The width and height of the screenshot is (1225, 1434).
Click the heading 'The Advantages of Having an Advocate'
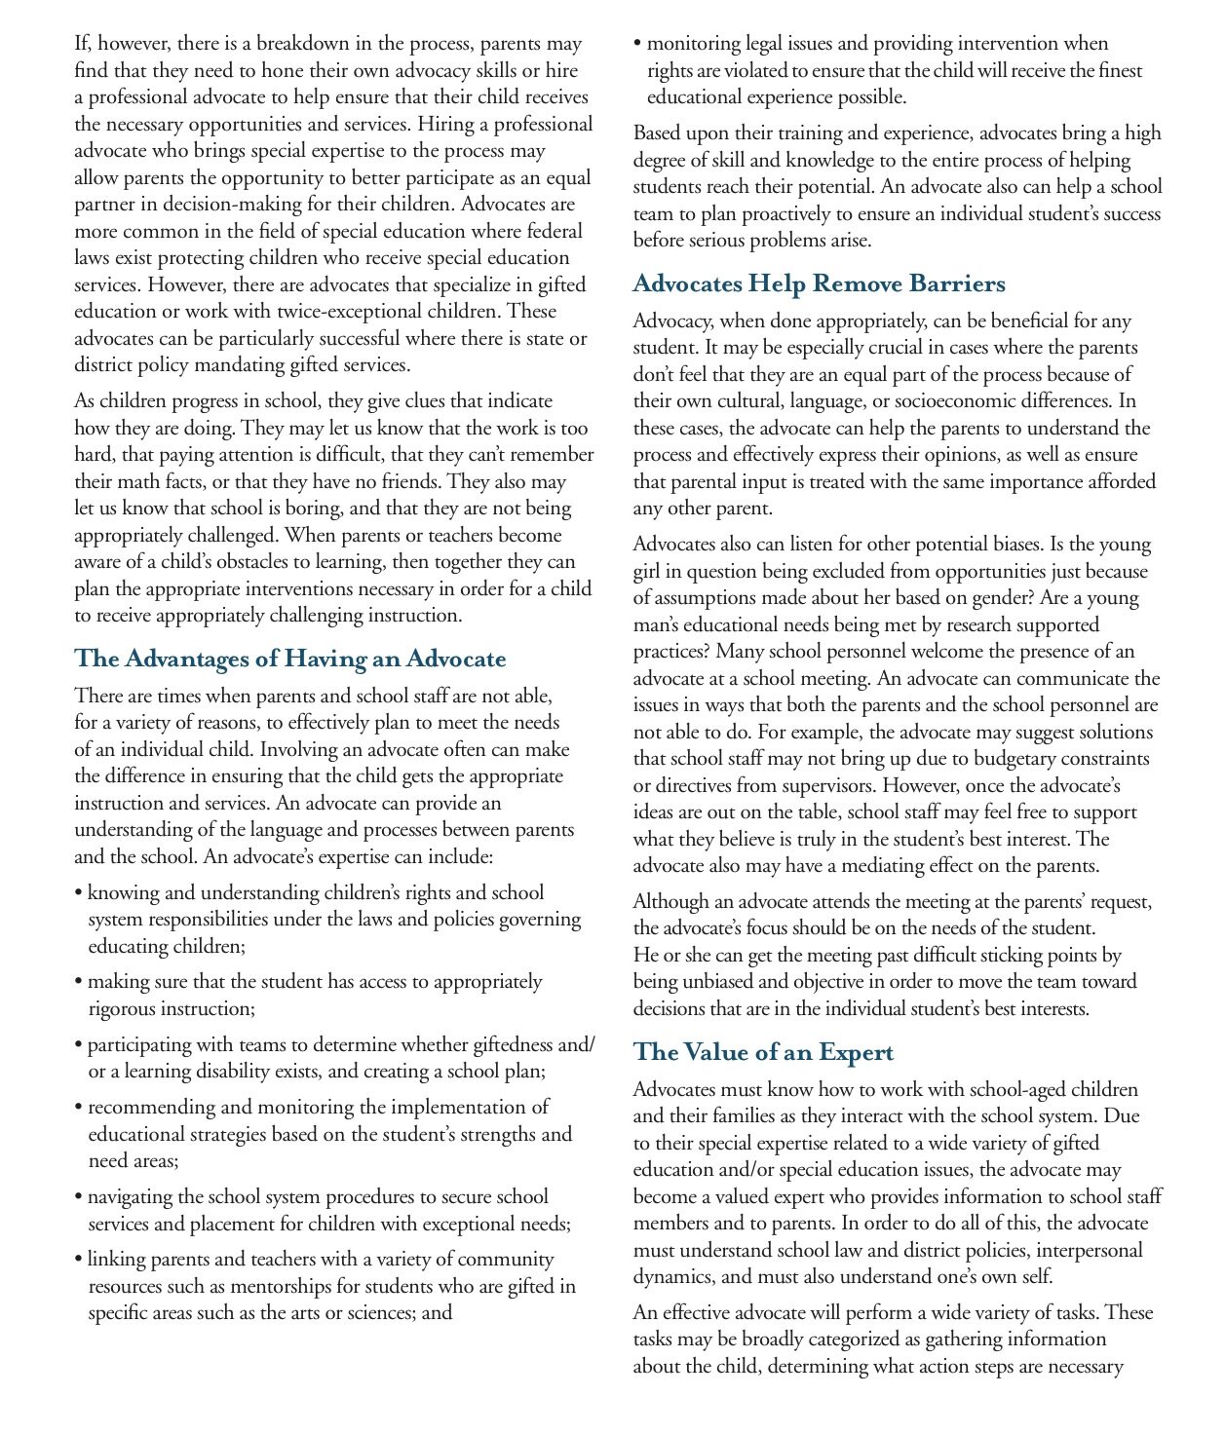point(289,660)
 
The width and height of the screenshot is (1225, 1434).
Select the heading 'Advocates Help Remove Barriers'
point(819,284)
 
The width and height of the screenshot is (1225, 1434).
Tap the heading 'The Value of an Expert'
point(763,1053)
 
